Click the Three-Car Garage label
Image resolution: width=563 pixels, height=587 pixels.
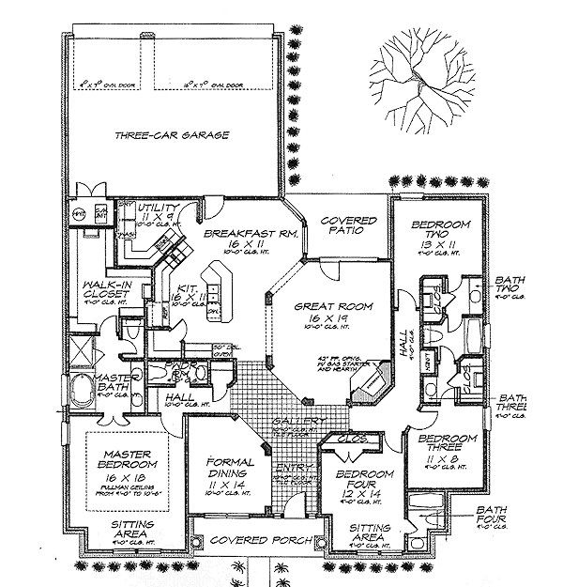(x=173, y=136)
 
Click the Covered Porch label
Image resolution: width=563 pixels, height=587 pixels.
(x=248, y=542)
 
